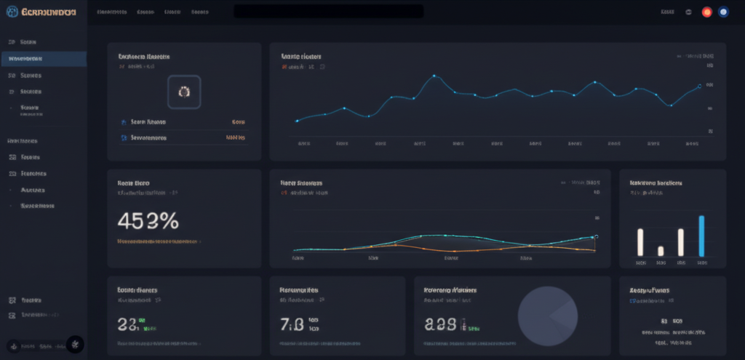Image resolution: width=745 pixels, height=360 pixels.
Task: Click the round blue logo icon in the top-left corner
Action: tap(12, 12)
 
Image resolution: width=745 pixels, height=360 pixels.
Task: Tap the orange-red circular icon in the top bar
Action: tap(706, 12)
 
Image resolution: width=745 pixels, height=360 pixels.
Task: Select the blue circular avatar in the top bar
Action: tap(723, 12)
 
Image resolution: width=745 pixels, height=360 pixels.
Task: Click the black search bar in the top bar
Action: tap(328, 12)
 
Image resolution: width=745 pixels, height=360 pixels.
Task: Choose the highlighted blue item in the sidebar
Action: tap(44, 59)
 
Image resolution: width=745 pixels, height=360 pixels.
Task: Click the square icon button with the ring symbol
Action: tap(184, 92)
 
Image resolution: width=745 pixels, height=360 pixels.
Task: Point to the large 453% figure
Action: tap(148, 220)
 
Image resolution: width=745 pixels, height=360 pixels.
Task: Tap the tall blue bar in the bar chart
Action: tap(701, 236)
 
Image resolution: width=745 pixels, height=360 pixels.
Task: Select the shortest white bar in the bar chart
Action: tap(661, 251)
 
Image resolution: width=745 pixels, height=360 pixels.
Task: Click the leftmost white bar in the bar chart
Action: tap(640, 241)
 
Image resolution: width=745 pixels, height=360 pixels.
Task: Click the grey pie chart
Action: tap(547, 316)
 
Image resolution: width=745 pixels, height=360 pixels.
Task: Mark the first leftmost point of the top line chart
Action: tap(297, 121)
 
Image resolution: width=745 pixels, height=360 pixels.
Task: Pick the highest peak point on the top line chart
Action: tap(434, 76)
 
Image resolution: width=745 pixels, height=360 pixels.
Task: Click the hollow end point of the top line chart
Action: tap(699, 86)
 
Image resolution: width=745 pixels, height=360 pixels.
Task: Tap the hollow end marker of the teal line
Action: tap(596, 236)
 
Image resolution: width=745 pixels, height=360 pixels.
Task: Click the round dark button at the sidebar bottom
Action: tap(76, 345)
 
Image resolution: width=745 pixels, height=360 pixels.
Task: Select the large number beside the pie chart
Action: tap(441, 324)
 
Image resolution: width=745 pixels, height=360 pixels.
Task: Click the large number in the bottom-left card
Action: tap(127, 324)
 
